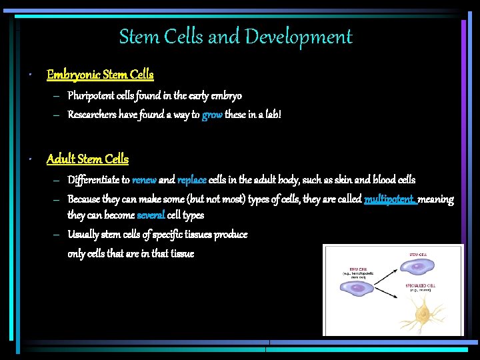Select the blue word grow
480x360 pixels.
(x=212, y=115)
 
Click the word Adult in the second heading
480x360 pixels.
(x=61, y=159)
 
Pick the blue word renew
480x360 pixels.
(x=144, y=180)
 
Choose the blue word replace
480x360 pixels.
(x=192, y=180)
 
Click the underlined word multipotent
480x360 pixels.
(x=390, y=199)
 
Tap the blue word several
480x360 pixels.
(x=151, y=215)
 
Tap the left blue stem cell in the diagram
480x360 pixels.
(x=359, y=289)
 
